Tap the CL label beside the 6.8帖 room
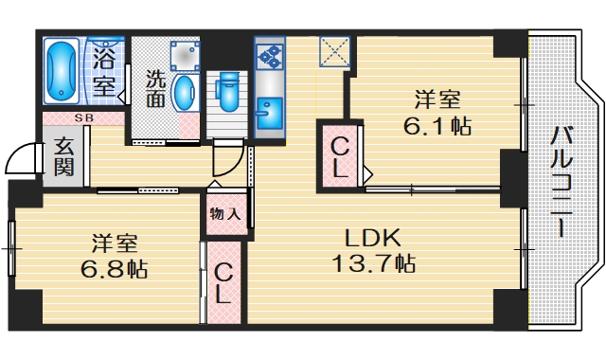[x=223, y=283]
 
